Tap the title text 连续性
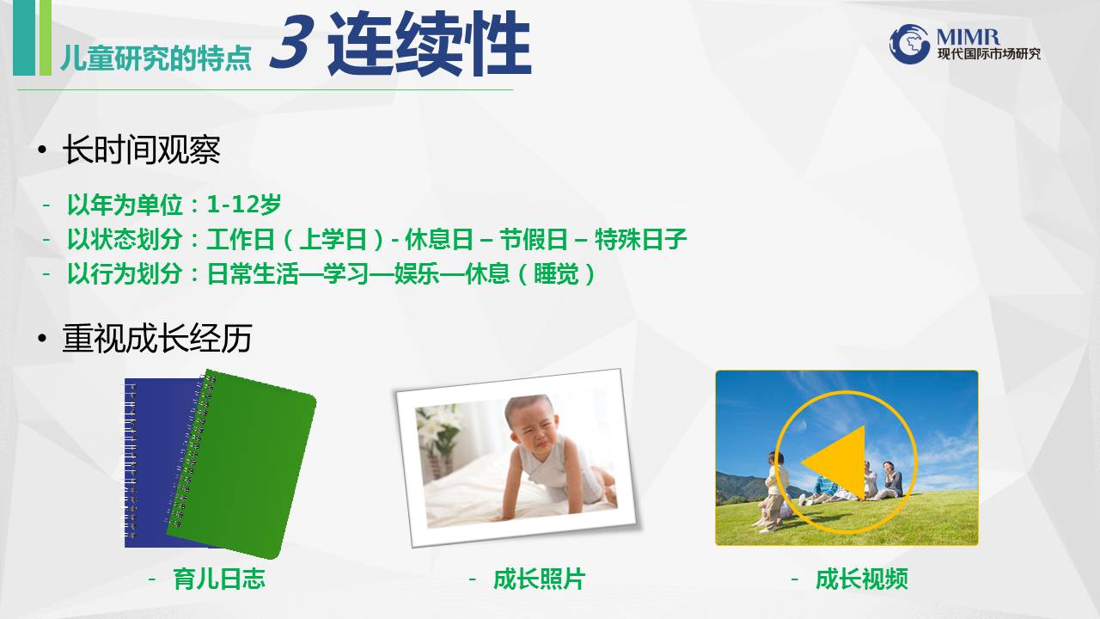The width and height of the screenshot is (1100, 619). [x=429, y=44]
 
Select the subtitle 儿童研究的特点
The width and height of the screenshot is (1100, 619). [x=156, y=58]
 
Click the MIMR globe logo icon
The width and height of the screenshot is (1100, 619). [x=909, y=44]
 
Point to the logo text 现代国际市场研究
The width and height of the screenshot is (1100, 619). [x=989, y=53]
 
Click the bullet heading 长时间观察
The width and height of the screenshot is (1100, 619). [x=142, y=149]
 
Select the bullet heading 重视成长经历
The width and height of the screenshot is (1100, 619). [x=157, y=338]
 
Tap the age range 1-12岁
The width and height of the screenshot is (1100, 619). [x=244, y=204]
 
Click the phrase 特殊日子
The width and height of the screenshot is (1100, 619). [x=640, y=239]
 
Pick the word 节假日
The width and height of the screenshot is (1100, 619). [x=534, y=239]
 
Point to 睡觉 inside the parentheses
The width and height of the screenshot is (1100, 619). [x=556, y=273]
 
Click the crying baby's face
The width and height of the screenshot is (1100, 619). [x=534, y=426]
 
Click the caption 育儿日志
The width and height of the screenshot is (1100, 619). [x=219, y=579]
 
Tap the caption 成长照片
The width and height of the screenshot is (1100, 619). [x=539, y=579]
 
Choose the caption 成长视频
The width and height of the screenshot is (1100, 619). [x=861, y=579]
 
